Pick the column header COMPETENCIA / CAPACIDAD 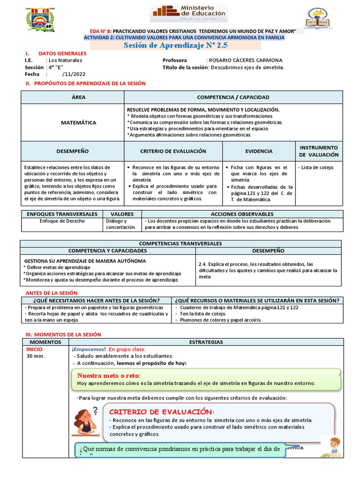(233, 97)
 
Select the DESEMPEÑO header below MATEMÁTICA (72, 151)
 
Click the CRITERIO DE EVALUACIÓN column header (173, 151)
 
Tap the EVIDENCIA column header (258, 151)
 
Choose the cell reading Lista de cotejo (316, 167)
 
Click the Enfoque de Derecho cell (62, 221)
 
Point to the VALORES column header (122, 214)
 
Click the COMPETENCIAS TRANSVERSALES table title (180, 244)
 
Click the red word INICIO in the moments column (34, 349)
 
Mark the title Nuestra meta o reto (108, 375)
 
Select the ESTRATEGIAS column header (206, 342)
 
